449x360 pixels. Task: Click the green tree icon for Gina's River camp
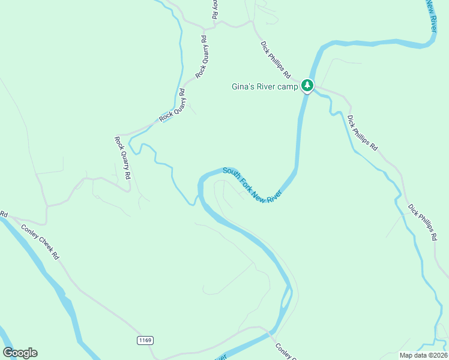point(307,86)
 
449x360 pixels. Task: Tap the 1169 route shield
point(145,340)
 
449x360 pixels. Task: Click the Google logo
point(20,353)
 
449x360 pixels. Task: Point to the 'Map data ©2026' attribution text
point(423,355)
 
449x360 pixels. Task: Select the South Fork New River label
point(252,185)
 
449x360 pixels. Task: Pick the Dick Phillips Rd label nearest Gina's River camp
point(276,60)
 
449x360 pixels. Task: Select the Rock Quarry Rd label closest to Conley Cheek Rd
point(122,158)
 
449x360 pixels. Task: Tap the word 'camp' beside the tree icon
point(287,86)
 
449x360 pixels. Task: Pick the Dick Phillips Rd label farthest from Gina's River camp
point(423,223)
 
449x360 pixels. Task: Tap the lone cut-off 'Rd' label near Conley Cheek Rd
point(3,214)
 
